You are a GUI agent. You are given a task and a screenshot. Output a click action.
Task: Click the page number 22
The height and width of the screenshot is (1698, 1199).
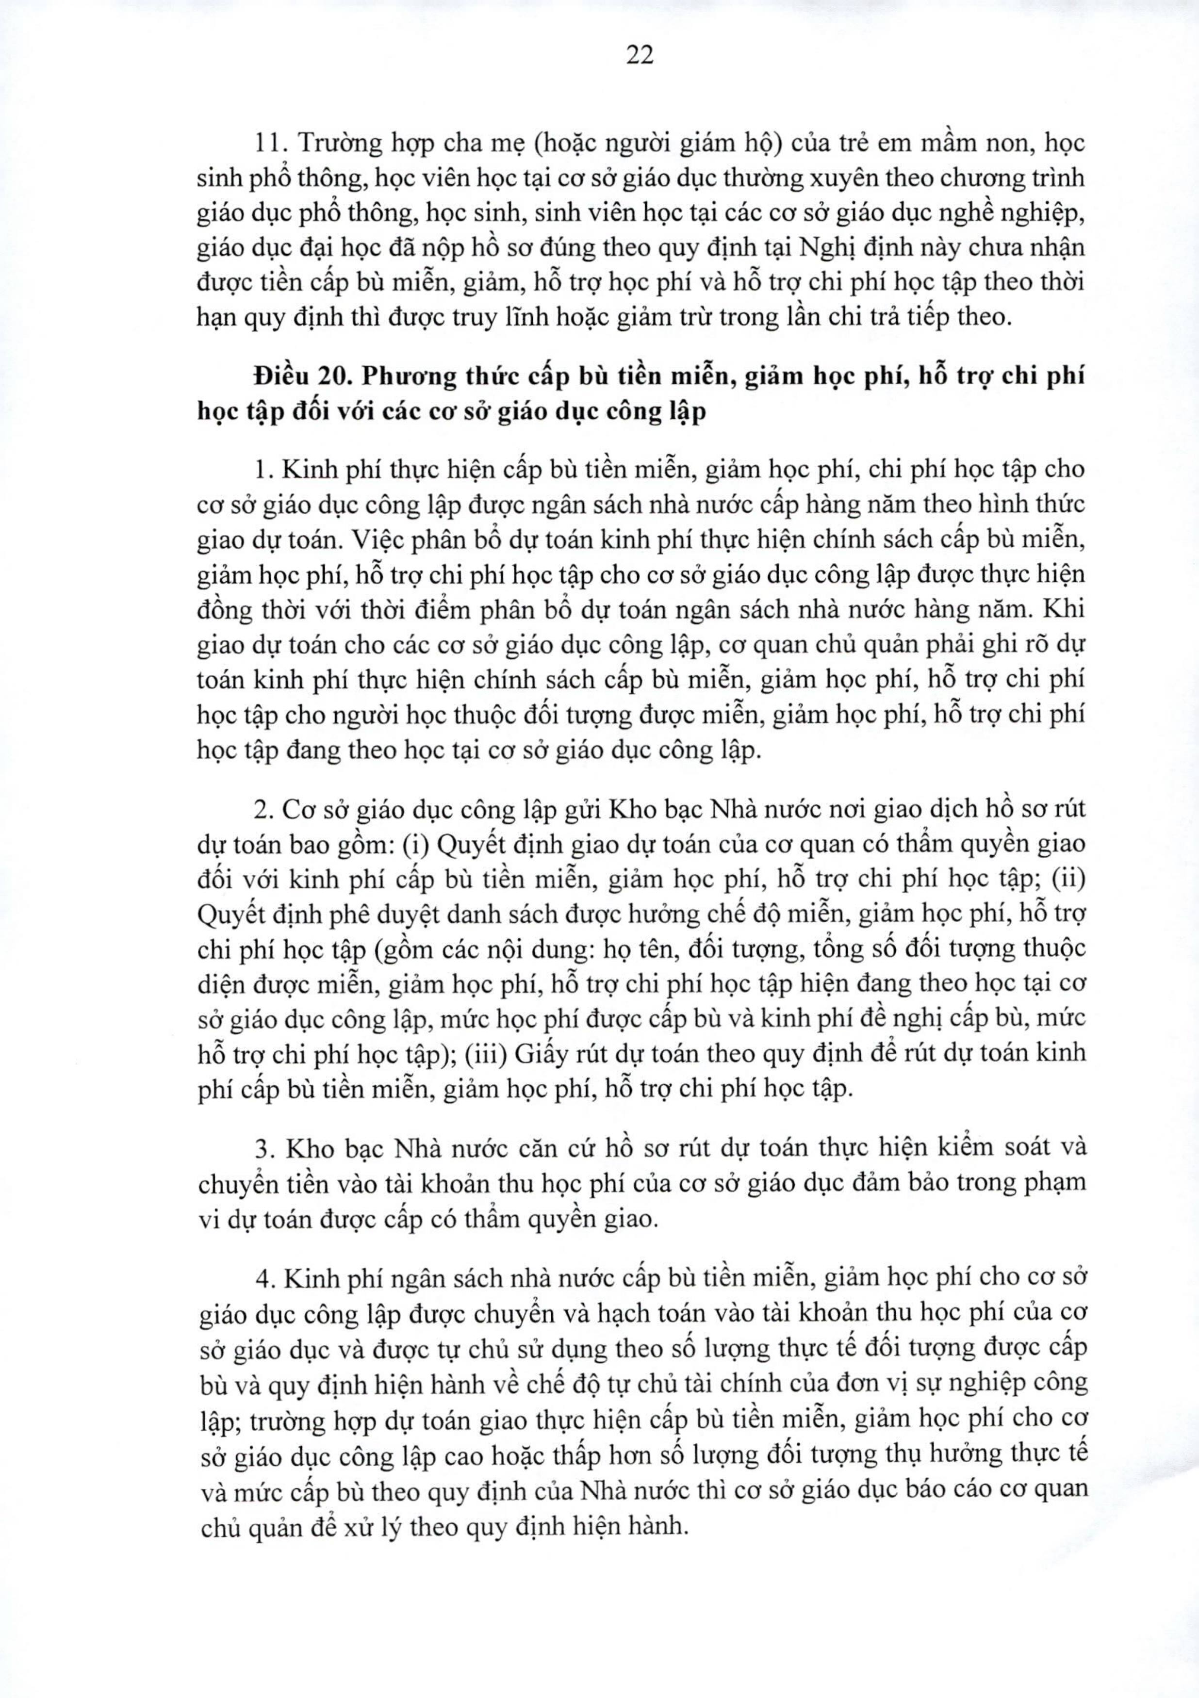click(639, 55)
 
